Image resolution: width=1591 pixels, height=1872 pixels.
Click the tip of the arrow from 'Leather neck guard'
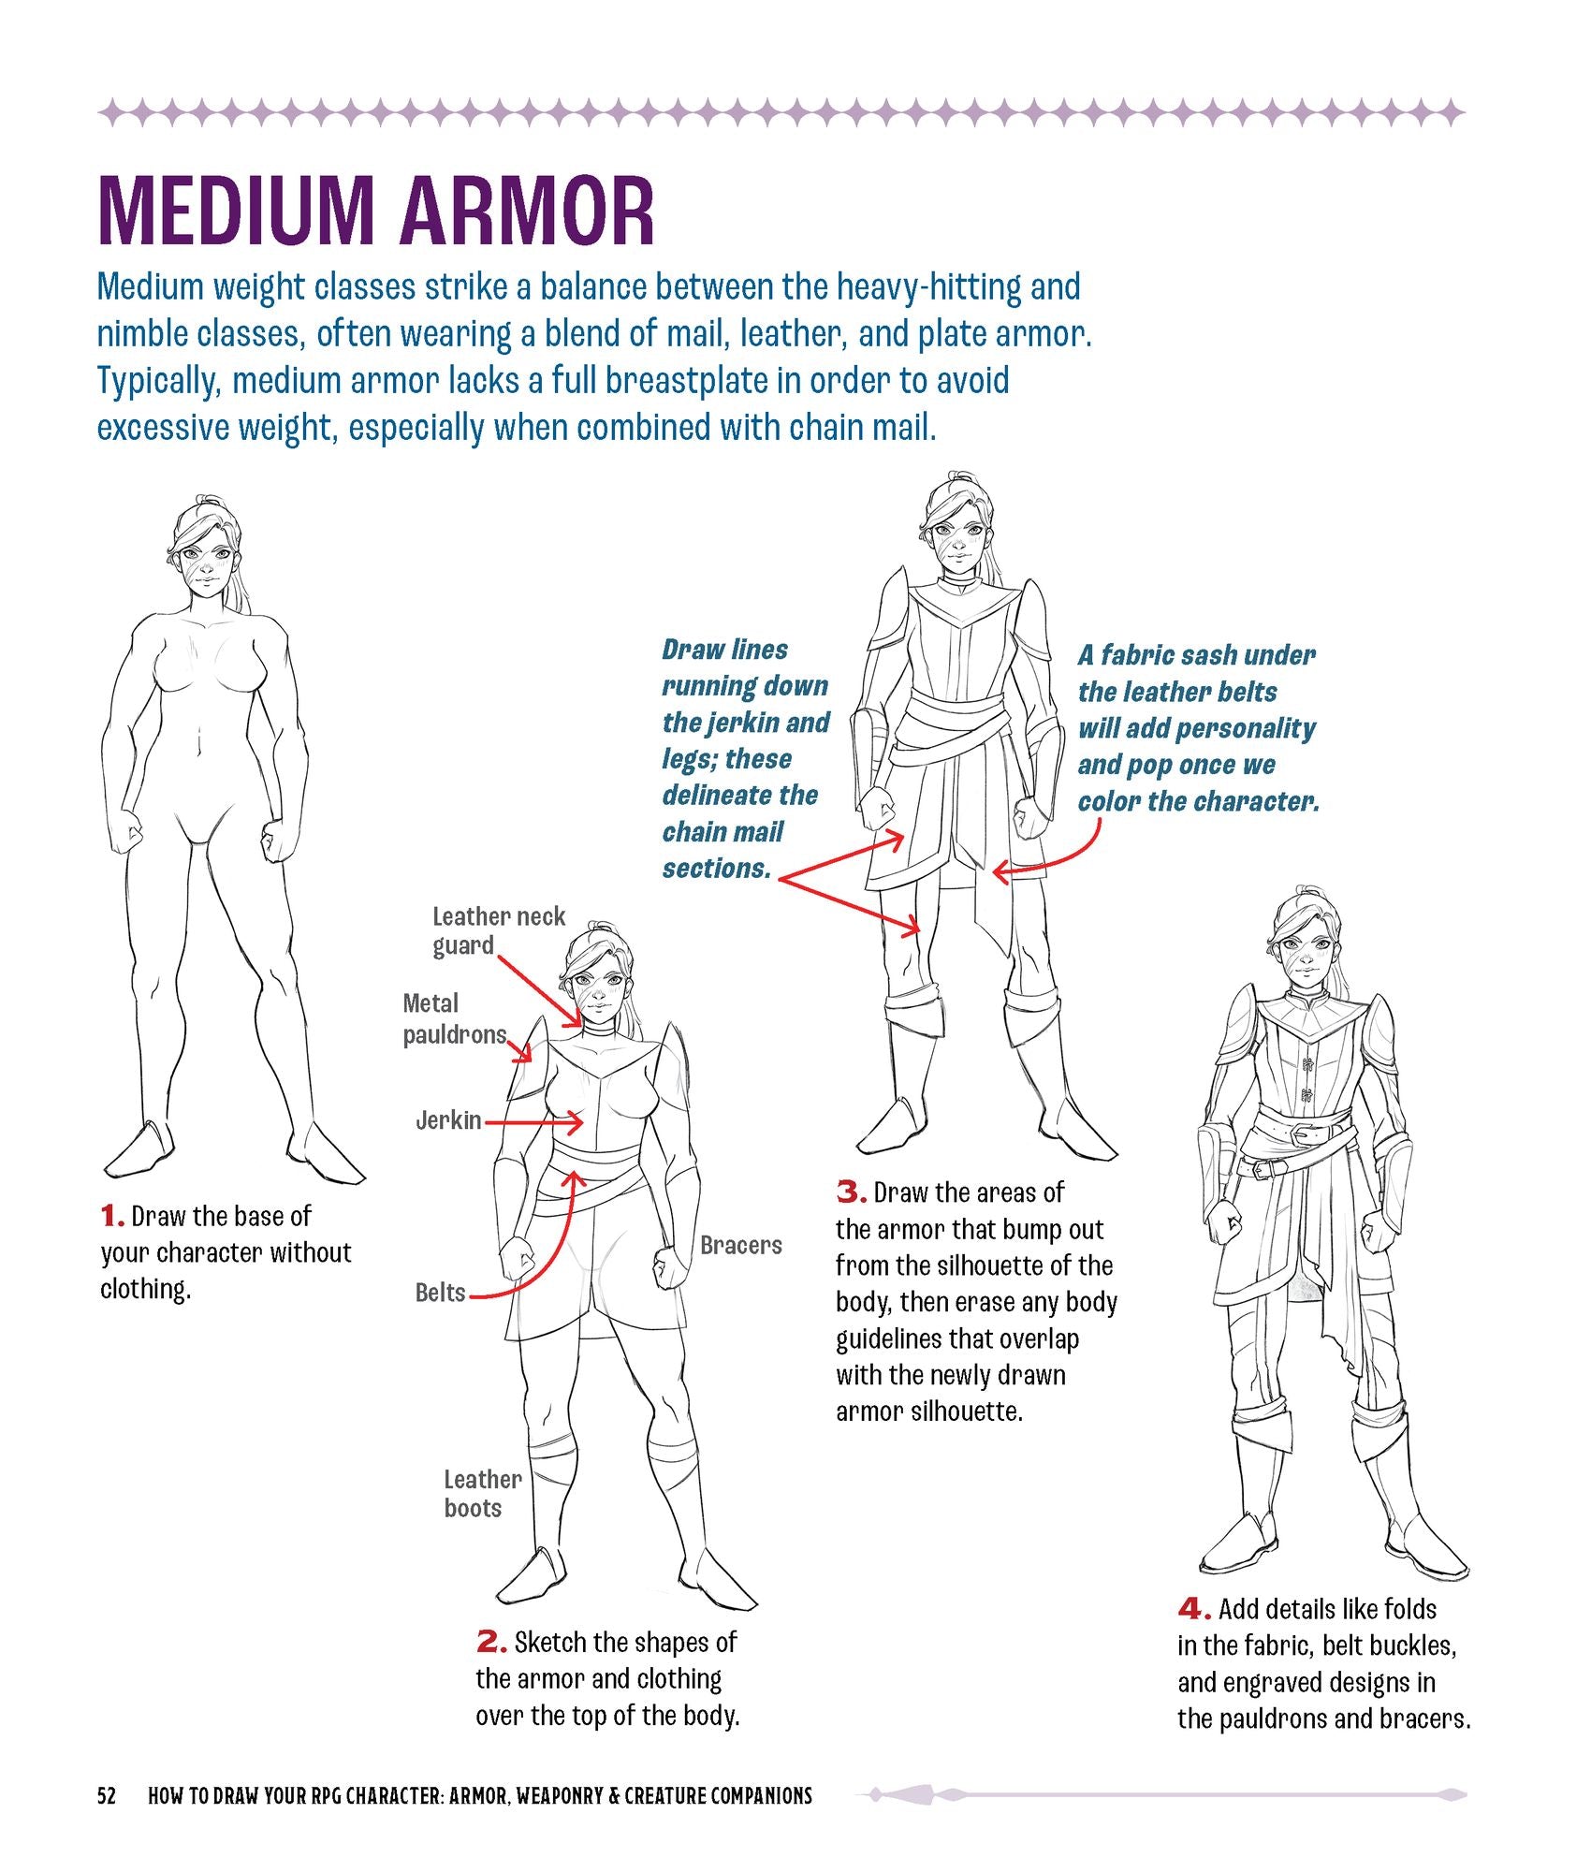582,1026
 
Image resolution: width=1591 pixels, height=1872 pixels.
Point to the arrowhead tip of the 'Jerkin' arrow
586,1121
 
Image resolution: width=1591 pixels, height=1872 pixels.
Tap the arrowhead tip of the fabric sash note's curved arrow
992,873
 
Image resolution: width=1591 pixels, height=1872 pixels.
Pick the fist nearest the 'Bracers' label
669,1265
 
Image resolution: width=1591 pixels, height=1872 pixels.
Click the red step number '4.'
1194,1609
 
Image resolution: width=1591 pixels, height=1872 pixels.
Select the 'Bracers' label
741,1245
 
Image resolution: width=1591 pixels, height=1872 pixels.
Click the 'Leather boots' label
482,1494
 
